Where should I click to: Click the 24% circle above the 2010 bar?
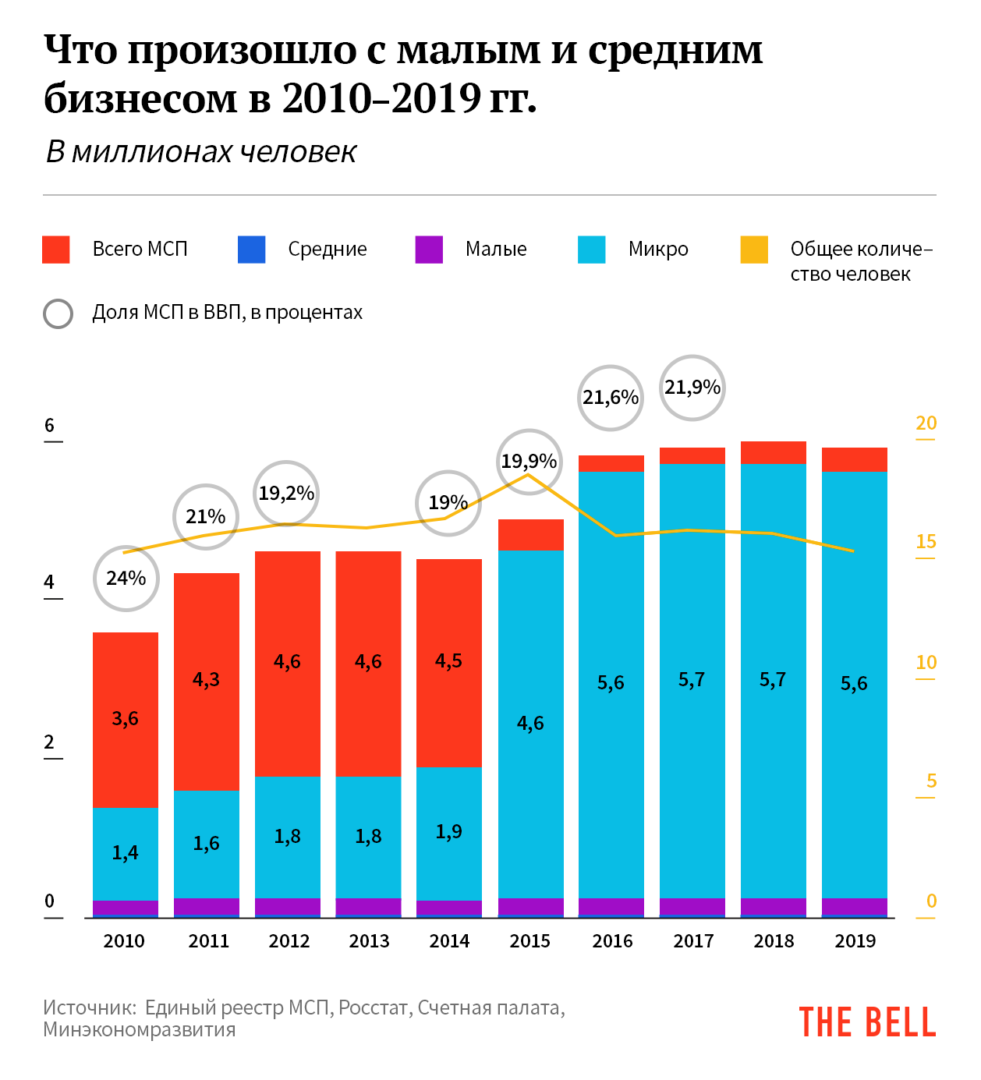(126, 579)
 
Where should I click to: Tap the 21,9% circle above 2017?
(692, 388)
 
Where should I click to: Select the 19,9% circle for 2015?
(529, 462)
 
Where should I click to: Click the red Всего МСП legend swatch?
(56, 250)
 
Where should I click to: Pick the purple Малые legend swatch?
(429, 250)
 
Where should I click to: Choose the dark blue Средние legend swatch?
(251, 250)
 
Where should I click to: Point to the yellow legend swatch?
(754, 250)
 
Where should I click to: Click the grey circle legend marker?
(58, 313)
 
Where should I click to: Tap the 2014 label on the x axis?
(449, 941)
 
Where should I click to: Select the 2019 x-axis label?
(855, 941)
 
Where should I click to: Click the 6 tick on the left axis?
(50, 426)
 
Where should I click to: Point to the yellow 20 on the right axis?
(926, 423)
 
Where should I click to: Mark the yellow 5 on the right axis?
(931, 781)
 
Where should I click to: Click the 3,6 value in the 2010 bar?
(125, 719)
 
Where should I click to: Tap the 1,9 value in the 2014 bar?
(448, 832)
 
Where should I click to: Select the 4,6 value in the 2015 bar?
(530, 724)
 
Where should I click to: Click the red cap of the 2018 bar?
(773, 453)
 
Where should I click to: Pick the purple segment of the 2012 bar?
(287, 907)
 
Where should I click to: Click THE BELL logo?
(866, 1022)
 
